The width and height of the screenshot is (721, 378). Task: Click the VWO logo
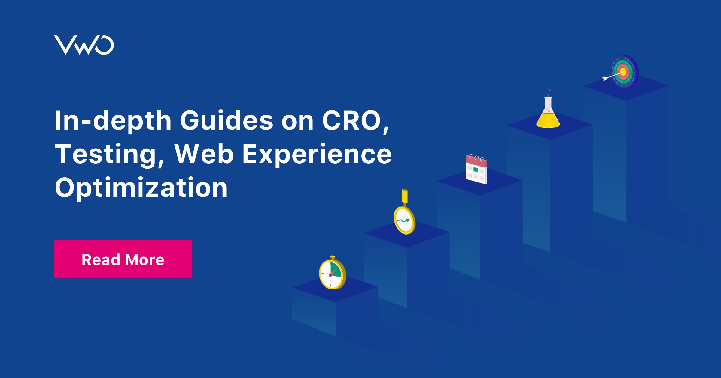pyautogui.click(x=84, y=45)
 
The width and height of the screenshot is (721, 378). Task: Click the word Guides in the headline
pyautogui.click(x=227, y=120)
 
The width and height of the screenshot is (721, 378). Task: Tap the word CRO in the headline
pyautogui.click(x=351, y=120)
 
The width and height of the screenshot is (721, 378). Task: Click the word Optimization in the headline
pyautogui.click(x=141, y=188)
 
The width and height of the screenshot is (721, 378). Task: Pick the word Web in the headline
pyautogui.click(x=204, y=154)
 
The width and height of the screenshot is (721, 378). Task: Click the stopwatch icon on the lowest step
pyautogui.click(x=333, y=273)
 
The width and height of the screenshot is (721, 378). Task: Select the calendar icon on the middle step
pyautogui.click(x=476, y=169)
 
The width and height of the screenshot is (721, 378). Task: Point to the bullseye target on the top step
pyautogui.click(x=624, y=72)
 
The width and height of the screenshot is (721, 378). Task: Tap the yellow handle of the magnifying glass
pyautogui.click(x=405, y=197)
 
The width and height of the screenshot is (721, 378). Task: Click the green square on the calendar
pyautogui.click(x=476, y=170)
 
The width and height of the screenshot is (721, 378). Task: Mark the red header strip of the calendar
pyautogui.click(x=476, y=161)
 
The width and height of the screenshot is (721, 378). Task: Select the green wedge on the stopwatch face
pyautogui.click(x=336, y=269)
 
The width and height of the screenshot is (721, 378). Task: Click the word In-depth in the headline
pyautogui.click(x=113, y=120)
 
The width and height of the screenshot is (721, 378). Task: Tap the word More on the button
pyautogui.click(x=145, y=260)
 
